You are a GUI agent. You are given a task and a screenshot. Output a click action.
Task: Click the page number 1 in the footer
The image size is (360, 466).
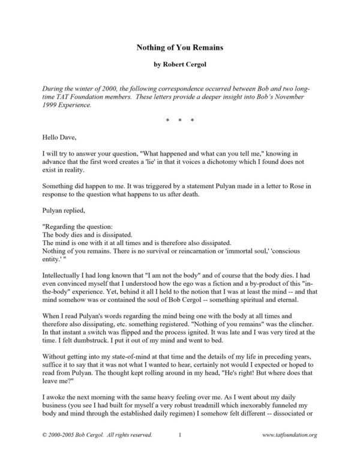click(x=180, y=451)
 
